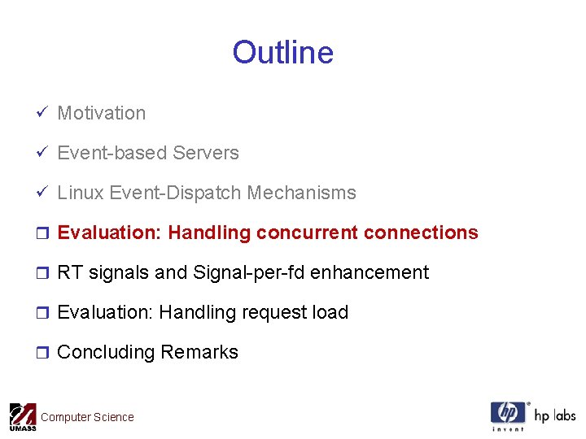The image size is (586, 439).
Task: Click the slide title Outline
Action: (x=282, y=52)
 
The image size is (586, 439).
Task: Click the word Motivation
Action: (x=101, y=113)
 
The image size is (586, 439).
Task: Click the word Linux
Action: (x=81, y=193)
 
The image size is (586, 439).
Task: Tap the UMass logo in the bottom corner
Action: (x=22, y=416)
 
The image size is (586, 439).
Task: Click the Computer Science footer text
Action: (x=87, y=417)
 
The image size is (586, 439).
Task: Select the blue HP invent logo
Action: (x=508, y=415)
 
